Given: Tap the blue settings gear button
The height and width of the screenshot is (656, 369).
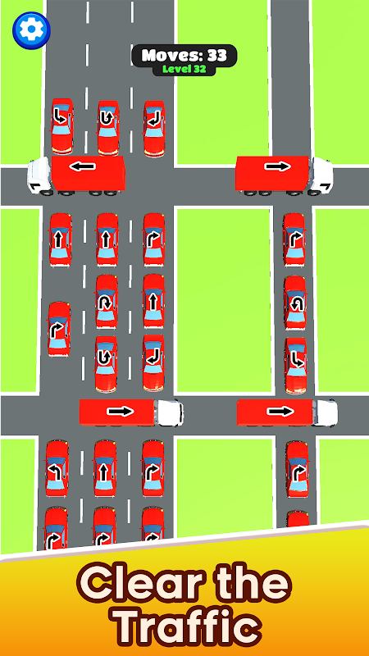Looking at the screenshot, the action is (x=31, y=30).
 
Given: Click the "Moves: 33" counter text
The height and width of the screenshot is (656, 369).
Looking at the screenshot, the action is (x=184, y=55).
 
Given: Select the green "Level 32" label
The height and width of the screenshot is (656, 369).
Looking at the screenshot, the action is (x=184, y=70).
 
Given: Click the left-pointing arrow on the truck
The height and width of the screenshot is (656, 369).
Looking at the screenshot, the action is (x=83, y=166).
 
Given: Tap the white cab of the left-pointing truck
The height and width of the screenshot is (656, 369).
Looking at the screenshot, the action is (x=39, y=176).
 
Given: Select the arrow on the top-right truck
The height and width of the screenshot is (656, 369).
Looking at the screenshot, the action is (x=277, y=166).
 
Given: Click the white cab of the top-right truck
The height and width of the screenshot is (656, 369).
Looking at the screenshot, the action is (x=321, y=175).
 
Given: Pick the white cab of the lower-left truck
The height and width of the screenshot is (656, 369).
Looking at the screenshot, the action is (x=170, y=412).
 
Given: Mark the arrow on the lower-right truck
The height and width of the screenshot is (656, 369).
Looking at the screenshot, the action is (x=280, y=412).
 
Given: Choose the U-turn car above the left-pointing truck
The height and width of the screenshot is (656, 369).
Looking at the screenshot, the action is (x=108, y=128).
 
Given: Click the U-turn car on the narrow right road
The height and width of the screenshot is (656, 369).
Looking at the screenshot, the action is (x=295, y=303).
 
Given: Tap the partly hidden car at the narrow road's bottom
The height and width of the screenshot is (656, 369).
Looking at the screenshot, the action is (x=298, y=519).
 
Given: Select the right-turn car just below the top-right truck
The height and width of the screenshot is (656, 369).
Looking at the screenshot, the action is (x=294, y=239).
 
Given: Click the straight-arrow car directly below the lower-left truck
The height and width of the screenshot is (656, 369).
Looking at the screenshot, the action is (x=105, y=467).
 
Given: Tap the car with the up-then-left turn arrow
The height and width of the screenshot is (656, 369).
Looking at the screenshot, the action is (x=57, y=468).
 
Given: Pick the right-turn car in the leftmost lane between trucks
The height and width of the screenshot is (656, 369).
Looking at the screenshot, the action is (x=59, y=329).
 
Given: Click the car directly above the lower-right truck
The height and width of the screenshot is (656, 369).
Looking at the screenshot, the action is (x=296, y=365).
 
